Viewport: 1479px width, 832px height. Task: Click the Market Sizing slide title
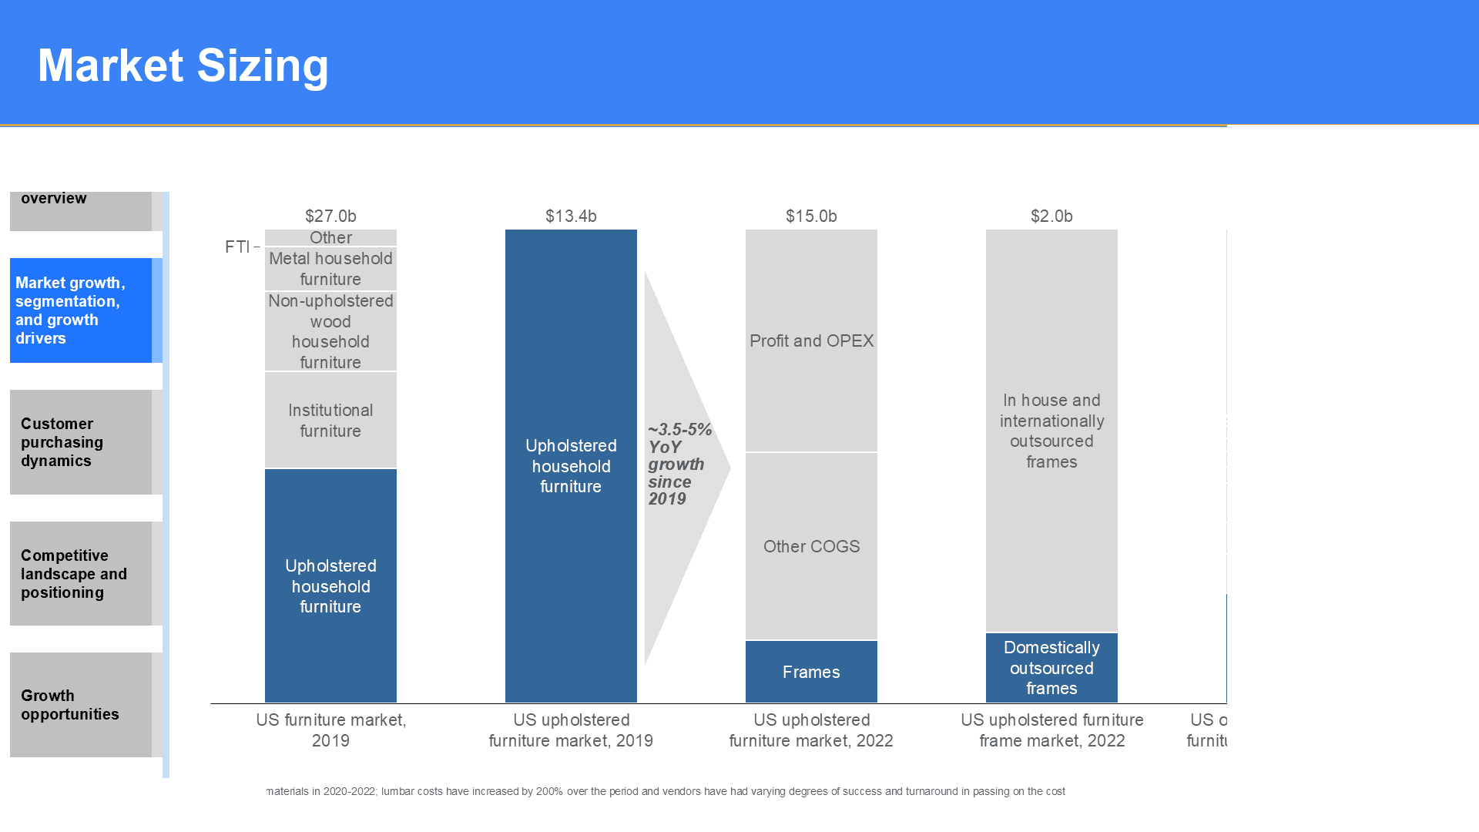pos(183,65)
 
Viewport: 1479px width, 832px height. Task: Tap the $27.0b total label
pos(330,216)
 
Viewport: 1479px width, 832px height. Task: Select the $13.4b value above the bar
pos(571,216)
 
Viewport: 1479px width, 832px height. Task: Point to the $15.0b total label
pos(811,216)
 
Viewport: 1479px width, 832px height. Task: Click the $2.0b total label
pos(1051,216)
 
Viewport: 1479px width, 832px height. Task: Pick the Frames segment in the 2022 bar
pos(811,672)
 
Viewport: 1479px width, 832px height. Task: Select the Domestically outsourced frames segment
pos(1051,668)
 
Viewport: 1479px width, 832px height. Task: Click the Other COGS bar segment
pos(811,546)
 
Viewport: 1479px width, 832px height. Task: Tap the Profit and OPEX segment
pos(811,341)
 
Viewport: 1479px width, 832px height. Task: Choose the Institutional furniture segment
pos(330,421)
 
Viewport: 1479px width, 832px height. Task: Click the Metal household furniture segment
pos(330,269)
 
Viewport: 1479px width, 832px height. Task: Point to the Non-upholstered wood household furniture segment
pos(330,331)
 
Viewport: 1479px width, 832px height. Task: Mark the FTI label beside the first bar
pos(237,247)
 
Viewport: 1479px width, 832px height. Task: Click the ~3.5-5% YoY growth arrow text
pos(679,465)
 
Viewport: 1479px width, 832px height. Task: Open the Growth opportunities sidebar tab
pos(81,705)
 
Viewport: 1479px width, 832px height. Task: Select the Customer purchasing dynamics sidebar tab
pos(81,442)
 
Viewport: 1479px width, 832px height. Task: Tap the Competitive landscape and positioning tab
pos(81,574)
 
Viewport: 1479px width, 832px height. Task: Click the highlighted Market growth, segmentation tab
pos(81,310)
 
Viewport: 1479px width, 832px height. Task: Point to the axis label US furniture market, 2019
pos(330,730)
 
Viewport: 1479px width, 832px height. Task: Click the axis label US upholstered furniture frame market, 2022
pos(1051,730)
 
